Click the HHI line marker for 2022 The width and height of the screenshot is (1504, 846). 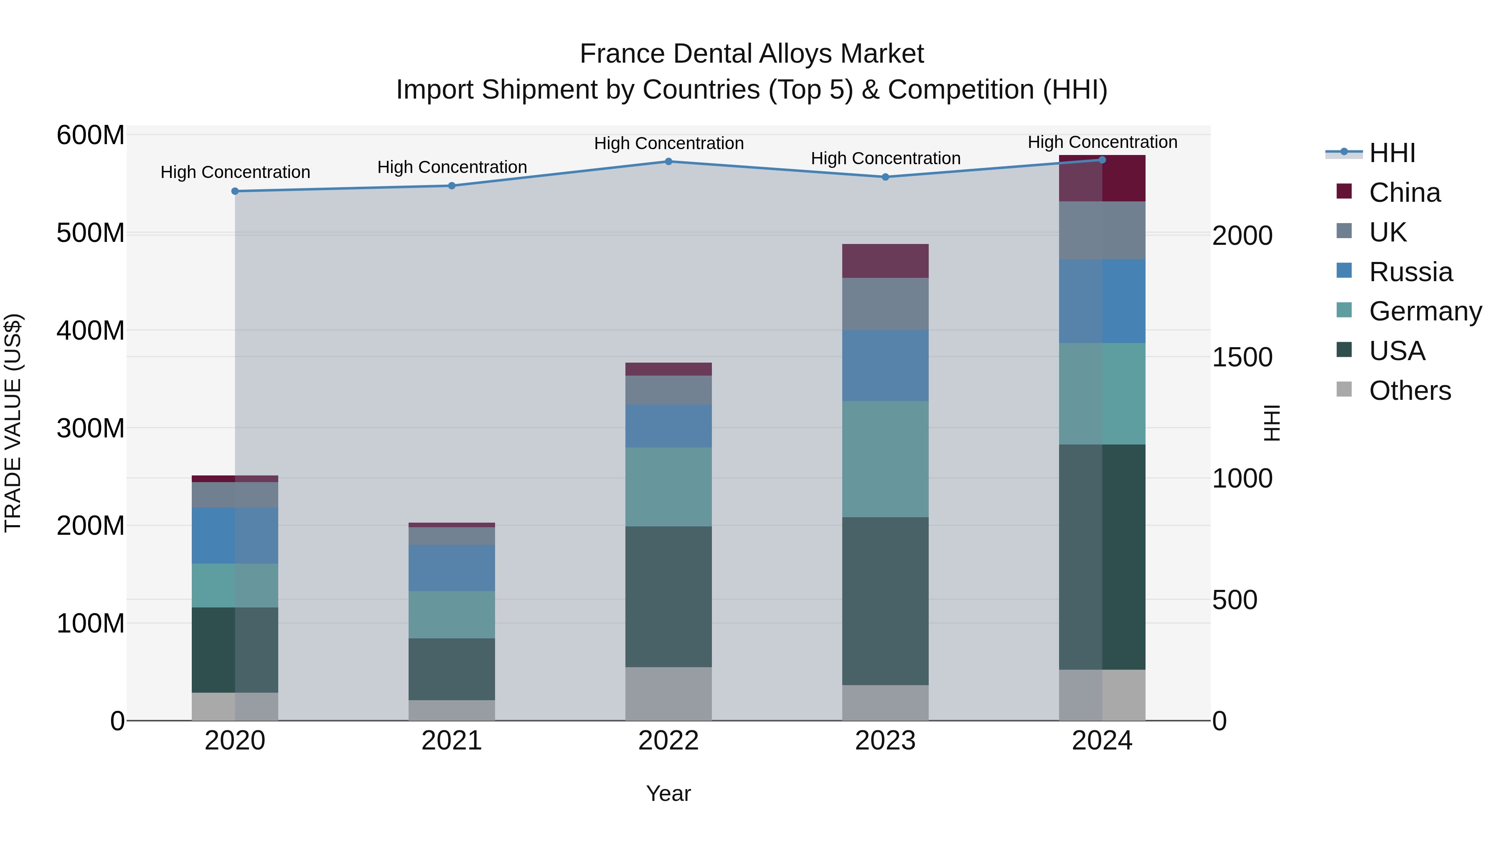pyautogui.click(x=668, y=162)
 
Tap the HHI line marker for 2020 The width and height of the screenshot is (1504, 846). pyautogui.click(x=235, y=191)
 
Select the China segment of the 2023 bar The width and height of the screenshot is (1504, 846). pyautogui.click(x=885, y=261)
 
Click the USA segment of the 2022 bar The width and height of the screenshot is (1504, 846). pyautogui.click(x=668, y=597)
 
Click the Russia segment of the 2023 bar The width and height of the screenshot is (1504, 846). pyautogui.click(x=885, y=366)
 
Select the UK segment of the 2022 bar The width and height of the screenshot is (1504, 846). pyautogui.click(x=668, y=390)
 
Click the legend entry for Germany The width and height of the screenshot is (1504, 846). pyautogui.click(x=1425, y=311)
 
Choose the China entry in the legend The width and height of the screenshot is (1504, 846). pyautogui.click(x=1404, y=193)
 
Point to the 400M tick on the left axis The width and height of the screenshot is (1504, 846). pyautogui.click(x=91, y=330)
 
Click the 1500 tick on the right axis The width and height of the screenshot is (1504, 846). pyautogui.click(x=1242, y=357)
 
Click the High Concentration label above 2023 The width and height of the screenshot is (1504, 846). pyautogui.click(x=885, y=158)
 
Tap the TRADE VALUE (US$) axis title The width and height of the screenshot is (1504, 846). pyautogui.click(x=13, y=423)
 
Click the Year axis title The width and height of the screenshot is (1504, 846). pyautogui.click(x=668, y=793)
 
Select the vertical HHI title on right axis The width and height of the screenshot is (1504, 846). pyautogui.click(x=1271, y=423)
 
